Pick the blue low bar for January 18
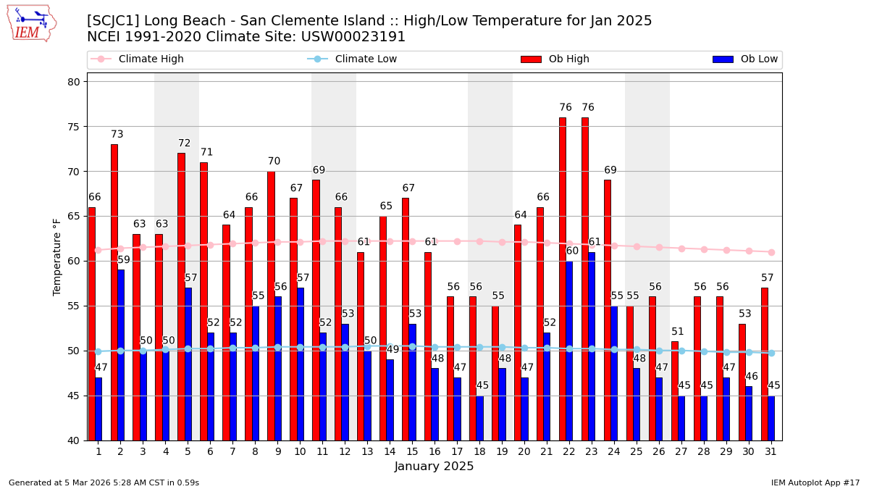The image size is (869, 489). [479, 418]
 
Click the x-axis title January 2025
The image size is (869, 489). [434, 467]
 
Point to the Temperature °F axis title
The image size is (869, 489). [58, 256]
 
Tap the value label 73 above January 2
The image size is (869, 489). [117, 135]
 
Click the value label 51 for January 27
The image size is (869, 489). [678, 332]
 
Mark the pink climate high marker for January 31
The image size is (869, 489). [771, 252]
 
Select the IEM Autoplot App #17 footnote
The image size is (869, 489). [815, 482]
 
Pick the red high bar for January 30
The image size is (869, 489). [742, 382]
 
